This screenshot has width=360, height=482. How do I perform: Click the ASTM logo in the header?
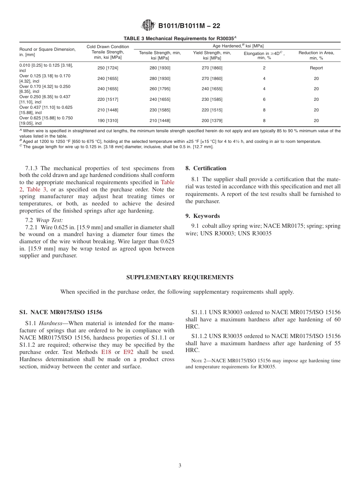[148, 25]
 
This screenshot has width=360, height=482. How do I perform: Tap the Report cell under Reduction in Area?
[316, 68]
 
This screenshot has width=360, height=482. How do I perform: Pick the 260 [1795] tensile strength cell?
[160, 89]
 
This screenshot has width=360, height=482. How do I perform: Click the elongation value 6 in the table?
[264, 99]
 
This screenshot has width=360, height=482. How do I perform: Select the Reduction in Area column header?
[316, 55]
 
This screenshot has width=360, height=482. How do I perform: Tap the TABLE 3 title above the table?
[180, 38]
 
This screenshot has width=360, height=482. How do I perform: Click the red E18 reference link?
[106, 352]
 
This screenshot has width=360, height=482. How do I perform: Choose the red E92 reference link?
[128, 352]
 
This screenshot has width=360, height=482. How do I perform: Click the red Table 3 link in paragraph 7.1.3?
[37, 189]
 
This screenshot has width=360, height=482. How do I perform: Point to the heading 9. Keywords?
[202, 216]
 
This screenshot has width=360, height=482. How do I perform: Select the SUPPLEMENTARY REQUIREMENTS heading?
[180, 277]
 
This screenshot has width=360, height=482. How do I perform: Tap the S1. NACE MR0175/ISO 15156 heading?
[61, 312]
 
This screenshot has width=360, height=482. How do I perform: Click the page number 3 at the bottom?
[180, 466]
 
